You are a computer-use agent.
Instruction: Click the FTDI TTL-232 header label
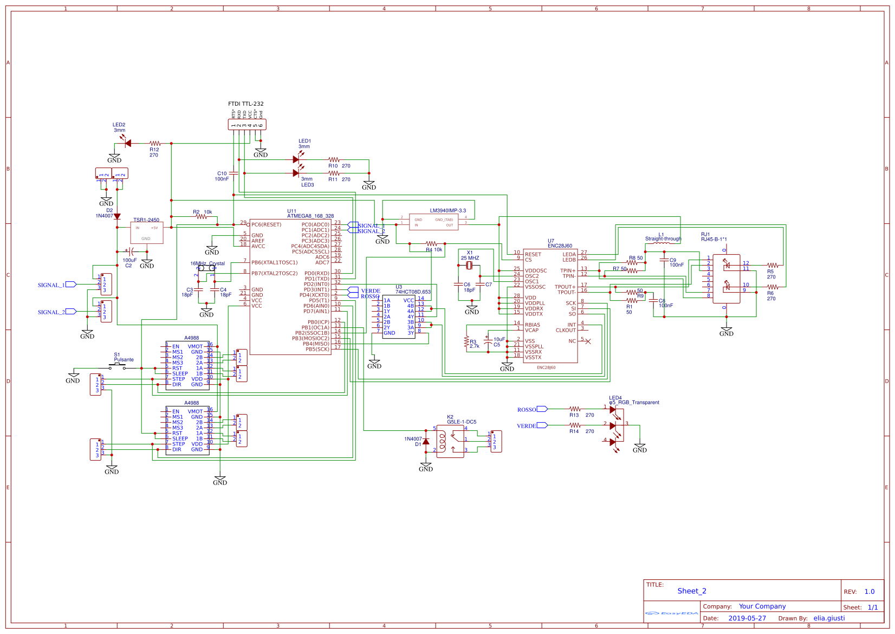pos(245,103)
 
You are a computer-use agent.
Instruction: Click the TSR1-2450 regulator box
pos(146,233)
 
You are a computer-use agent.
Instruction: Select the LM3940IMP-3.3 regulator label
pos(448,210)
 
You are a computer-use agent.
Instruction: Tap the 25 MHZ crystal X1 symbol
pos(470,265)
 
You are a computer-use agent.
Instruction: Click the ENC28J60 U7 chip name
pos(560,245)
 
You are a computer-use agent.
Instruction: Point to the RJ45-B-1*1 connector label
pos(714,239)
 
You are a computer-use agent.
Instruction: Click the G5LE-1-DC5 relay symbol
pos(450,442)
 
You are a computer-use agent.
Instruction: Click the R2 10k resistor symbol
pos(201,217)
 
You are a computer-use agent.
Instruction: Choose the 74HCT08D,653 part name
pos(413,292)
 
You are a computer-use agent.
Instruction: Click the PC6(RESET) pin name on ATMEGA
pos(266,224)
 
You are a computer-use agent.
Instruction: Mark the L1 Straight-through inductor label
pos(663,238)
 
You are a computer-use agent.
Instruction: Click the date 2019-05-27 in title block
pos(747,618)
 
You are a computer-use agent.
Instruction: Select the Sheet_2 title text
pos(691,591)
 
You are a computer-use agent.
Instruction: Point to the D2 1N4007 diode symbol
pos(117,216)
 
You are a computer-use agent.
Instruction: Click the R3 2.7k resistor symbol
pos(466,341)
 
